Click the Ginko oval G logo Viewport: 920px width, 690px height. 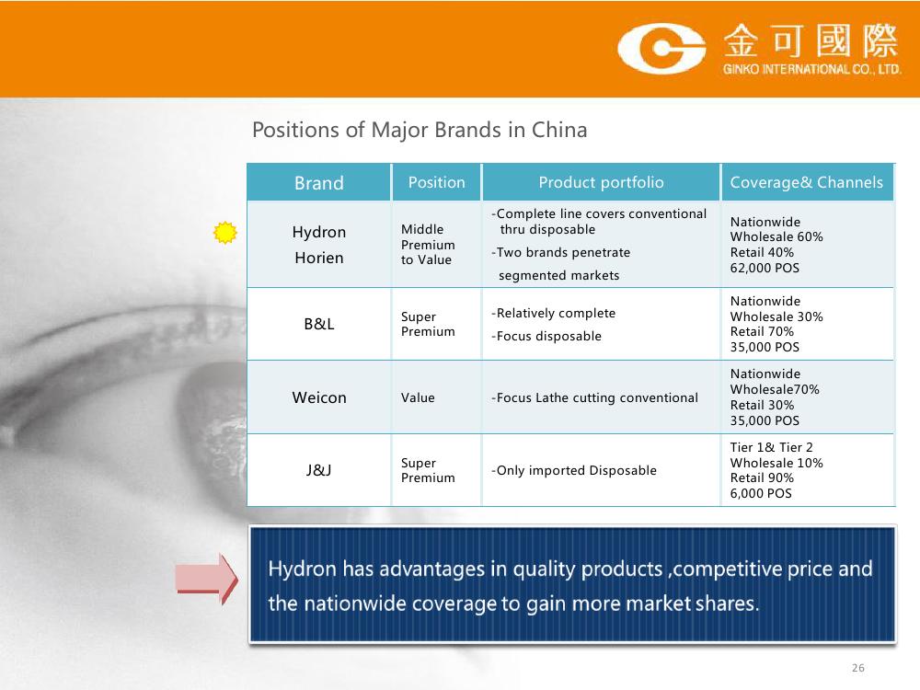(x=661, y=48)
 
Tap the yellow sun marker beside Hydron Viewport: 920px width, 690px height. (x=224, y=233)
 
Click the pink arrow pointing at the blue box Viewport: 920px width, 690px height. (x=206, y=579)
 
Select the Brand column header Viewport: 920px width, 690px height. (x=318, y=182)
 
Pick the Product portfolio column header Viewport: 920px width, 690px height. (x=601, y=182)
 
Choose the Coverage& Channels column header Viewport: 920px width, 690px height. (x=806, y=182)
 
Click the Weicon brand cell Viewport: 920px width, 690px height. (x=319, y=397)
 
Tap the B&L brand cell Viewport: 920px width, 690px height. (x=319, y=324)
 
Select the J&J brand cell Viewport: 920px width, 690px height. (x=319, y=470)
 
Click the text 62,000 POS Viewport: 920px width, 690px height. (x=765, y=268)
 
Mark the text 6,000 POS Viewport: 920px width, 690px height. (x=761, y=493)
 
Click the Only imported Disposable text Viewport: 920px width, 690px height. (x=574, y=470)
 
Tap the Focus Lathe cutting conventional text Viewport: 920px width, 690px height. (x=594, y=397)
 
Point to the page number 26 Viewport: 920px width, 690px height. (x=857, y=668)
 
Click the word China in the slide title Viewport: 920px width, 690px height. (x=559, y=130)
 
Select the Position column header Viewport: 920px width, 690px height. (x=436, y=182)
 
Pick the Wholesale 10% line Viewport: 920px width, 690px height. (x=776, y=463)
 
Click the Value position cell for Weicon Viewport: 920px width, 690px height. (x=418, y=397)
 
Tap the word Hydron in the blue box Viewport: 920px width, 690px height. (x=302, y=569)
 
